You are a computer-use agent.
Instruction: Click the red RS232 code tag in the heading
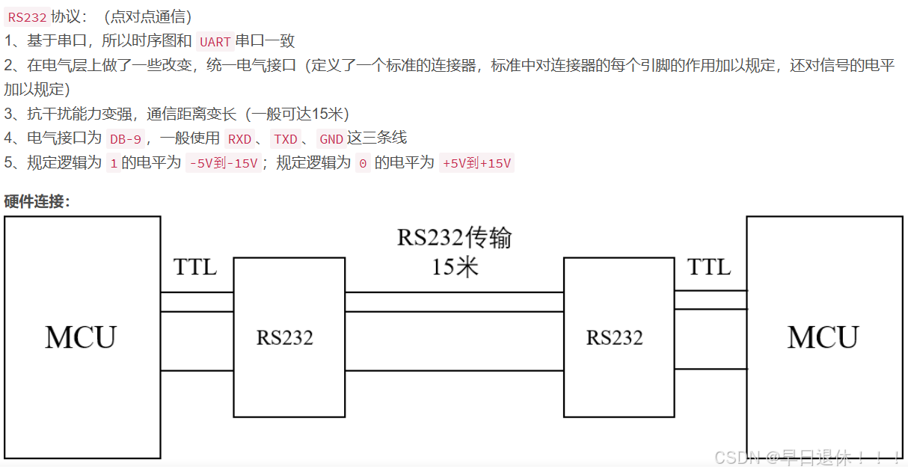pyautogui.click(x=27, y=17)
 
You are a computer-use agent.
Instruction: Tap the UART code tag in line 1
pyautogui.click(x=215, y=42)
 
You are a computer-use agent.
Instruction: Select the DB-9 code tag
pyautogui.click(x=125, y=138)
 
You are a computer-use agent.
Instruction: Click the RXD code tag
pyautogui.click(x=239, y=138)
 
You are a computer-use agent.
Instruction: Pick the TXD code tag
pyautogui.click(x=286, y=138)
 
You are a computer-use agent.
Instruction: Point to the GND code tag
pyautogui.click(x=331, y=138)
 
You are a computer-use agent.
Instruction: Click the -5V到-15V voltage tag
pyautogui.click(x=223, y=163)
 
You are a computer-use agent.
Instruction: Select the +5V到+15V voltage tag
pyautogui.click(x=476, y=163)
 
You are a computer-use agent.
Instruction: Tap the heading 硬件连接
pyautogui.click(x=37, y=201)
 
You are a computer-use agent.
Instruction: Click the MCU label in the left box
pyautogui.click(x=81, y=337)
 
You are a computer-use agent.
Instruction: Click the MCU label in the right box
pyautogui.click(x=823, y=337)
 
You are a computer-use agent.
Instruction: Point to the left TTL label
pyautogui.click(x=195, y=267)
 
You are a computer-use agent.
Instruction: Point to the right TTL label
pyautogui.click(x=709, y=267)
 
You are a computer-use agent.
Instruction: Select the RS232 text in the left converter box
pyautogui.click(x=285, y=338)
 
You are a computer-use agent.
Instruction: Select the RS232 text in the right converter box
pyautogui.click(x=615, y=338)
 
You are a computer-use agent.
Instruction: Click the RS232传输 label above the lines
pyautogui.click(x=454, y=238)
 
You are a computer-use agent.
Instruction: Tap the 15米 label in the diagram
pyautogui.click(x=454, y=267)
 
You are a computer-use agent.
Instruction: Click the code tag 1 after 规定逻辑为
pyautogui.click(x=114, y=163)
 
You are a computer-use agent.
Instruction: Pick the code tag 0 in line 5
pyautogui.click(x=363, y=163)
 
